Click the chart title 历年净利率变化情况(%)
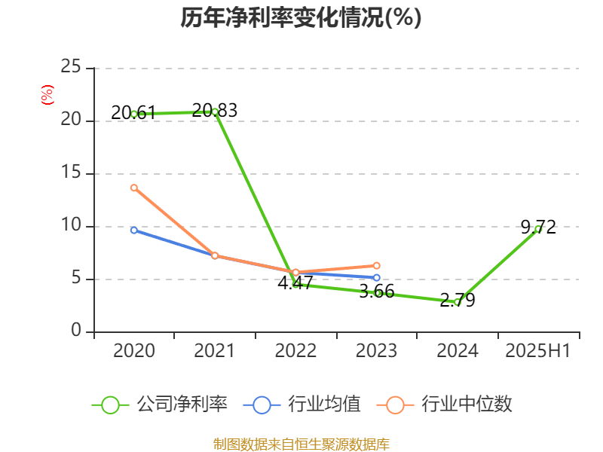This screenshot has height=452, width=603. point(301,18)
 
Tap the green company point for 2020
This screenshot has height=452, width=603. point(134,114)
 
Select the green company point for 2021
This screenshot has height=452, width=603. point(215,111)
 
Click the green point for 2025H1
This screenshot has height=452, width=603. point(537,228)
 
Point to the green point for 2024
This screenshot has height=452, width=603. point(457,301)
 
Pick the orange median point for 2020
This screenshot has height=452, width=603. point(134,188)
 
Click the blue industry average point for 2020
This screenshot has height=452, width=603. point(134,230)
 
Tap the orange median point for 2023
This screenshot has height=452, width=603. point(376,265)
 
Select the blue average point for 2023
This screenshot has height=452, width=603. point(376,278)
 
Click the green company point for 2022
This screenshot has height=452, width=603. point(295,285)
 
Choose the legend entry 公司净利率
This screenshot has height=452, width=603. point(160,405)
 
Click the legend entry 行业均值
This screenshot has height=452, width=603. point(302,405)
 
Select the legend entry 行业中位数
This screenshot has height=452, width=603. point(449,405)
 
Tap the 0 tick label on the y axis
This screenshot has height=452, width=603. point(76,331)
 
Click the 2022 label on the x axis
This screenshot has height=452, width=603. point(295,351)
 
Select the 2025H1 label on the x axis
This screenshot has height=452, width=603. point(537,351)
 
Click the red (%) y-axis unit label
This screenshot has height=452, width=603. point(47,95)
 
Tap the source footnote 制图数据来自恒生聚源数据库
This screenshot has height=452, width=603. point(301,444)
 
